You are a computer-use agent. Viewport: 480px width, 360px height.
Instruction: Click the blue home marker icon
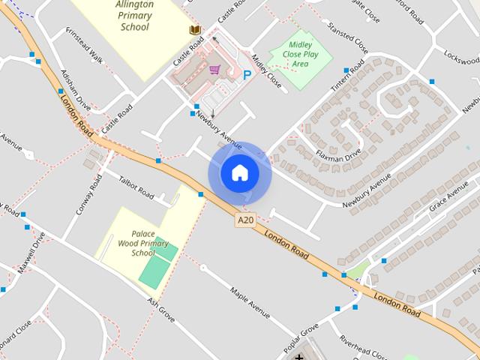click(239, 173)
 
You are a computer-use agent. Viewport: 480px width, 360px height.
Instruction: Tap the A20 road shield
click(244, 220)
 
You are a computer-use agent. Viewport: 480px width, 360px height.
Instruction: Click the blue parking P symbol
click(247, 74)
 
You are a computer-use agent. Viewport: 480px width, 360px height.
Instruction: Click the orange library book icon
click(195, 30)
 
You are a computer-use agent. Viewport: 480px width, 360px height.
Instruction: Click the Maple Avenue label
click(250, 301)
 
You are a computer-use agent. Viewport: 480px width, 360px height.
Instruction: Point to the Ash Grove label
click(160, 310)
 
